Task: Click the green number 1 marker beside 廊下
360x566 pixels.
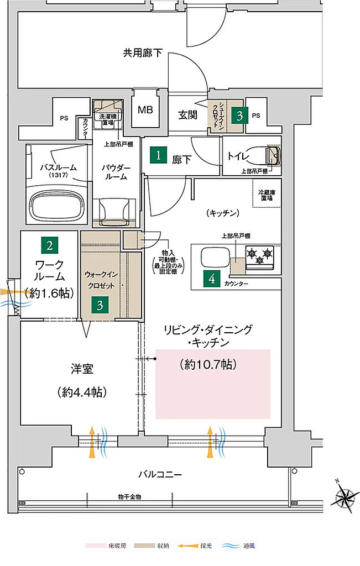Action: [x=159, y=156]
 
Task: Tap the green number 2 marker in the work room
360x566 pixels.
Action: [x=49, y=244]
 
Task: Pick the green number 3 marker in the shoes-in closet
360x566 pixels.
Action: [x=239, y=116]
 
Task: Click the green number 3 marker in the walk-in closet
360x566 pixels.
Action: [x=100, y=305]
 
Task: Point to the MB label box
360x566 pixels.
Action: [x=145, y=110]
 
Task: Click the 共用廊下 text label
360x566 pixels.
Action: [x=143, y=54]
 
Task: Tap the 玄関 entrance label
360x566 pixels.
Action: [x=187, y=115]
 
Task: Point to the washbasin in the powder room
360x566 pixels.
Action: [x=117, y=211]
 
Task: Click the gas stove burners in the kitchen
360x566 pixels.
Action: [x=260, y=255]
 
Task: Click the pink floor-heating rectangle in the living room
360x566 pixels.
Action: [x=213, y=384]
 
